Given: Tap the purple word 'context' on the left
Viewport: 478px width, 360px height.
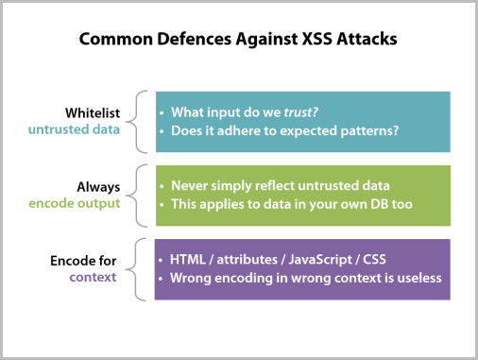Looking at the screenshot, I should [x=97, y=277].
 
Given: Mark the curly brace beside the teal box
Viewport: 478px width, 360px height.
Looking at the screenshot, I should [x=142, y=121].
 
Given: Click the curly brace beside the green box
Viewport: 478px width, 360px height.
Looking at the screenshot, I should [x=142, y=195].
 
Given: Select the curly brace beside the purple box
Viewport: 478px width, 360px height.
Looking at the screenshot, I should [x=142, y=268].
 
